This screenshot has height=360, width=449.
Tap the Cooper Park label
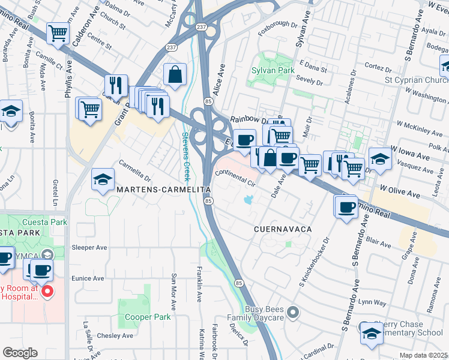pyautogui.click(x=140, y=317)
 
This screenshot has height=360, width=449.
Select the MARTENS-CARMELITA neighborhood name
pyautogui.click(x=164, y=189)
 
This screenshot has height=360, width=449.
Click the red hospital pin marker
pyautogui.click(x=47, y=292)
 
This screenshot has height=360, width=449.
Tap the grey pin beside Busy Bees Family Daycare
pyautogui.click(x=292, y=311)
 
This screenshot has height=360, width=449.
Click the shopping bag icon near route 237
pyautogui.click(x=175, y=75)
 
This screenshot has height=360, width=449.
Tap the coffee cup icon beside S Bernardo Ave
pyautogui.click(x=346, y=207)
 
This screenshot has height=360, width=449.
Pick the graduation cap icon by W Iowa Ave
pyautogui.click(x=380, y=158)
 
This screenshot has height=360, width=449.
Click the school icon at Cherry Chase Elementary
pyautogui.click(x=372, y=334)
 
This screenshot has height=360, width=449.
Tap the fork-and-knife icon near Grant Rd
pyautogui.click(x=116, y=85)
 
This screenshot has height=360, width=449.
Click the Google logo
pyautogui.click(x=20, y=352)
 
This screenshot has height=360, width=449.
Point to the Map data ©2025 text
pyautogui.click(x=423, y=355)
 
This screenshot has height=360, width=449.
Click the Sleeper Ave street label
pyautogui.click(x=89, y=247)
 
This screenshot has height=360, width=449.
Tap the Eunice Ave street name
pyautogui.click(x=88, y=278)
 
